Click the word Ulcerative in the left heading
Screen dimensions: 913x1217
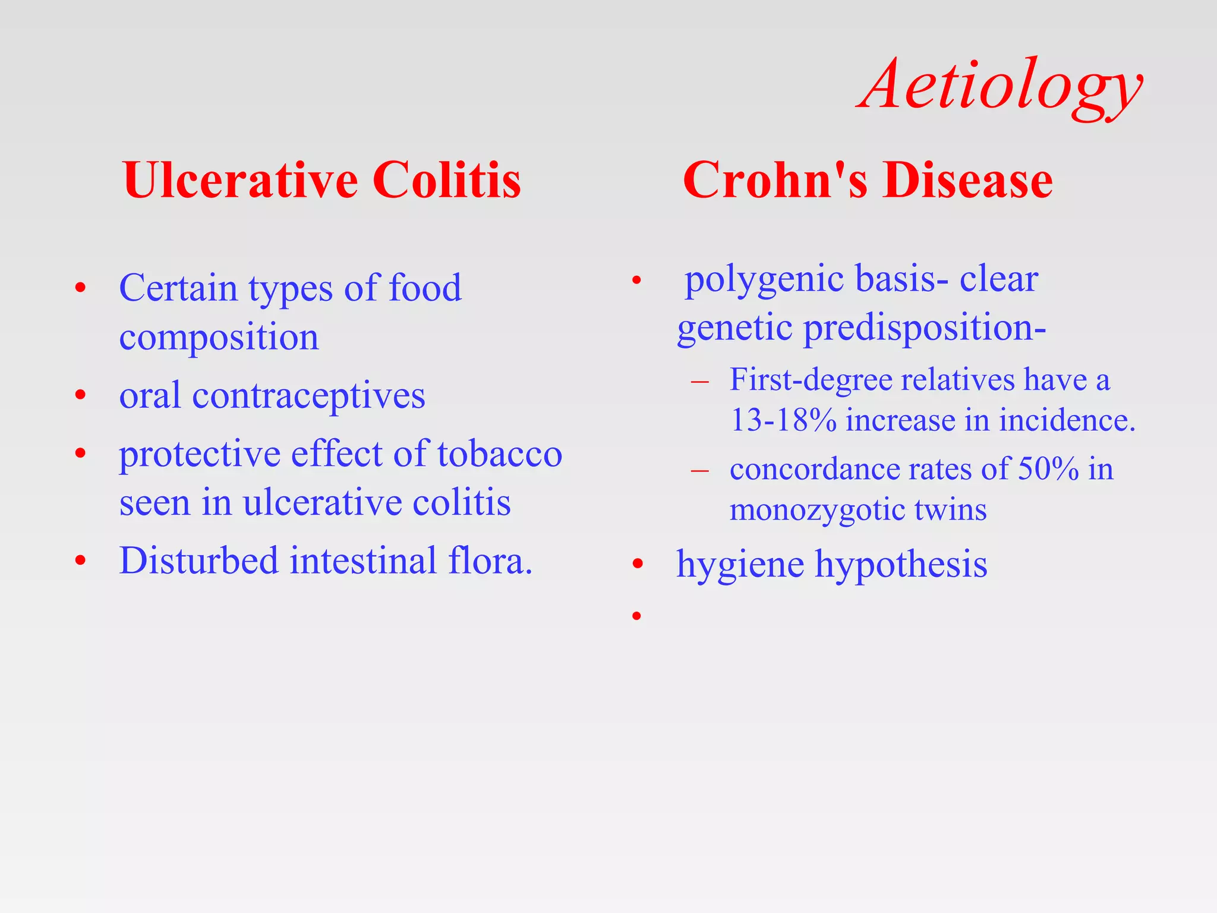point(240,180)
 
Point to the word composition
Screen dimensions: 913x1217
point(219,338)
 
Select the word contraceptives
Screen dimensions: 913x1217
point(308,395)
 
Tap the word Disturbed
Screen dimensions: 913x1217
point(198,561)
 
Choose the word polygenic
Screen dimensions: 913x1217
point(764,279)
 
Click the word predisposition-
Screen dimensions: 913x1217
point(924,328)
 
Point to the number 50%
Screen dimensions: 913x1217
point(1048,469)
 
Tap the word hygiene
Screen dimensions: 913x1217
point(740,564)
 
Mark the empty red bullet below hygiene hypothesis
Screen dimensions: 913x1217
point(636,616)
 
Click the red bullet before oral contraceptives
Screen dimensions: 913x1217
point(81,395)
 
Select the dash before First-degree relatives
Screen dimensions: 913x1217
point(700,381)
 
